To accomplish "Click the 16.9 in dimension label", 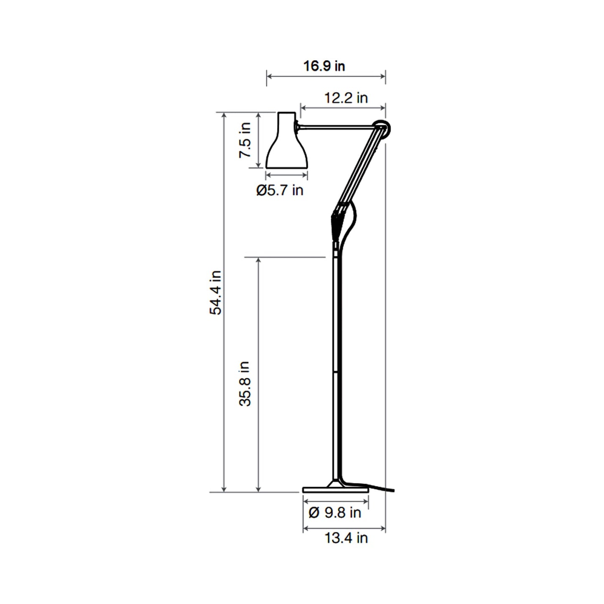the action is click(x=324, y=66).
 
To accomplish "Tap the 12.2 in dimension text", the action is click(x=346, y=98).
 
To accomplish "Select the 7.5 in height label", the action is click(x=245, y=140).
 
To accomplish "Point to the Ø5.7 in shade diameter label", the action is click(x=280, y=191).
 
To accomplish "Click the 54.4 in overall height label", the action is click(x=216, y=293).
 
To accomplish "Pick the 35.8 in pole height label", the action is click(x=245, y=384).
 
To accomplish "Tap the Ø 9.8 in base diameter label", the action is click(x=334, y=512).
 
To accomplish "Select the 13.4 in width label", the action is click(x=346, y=538).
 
